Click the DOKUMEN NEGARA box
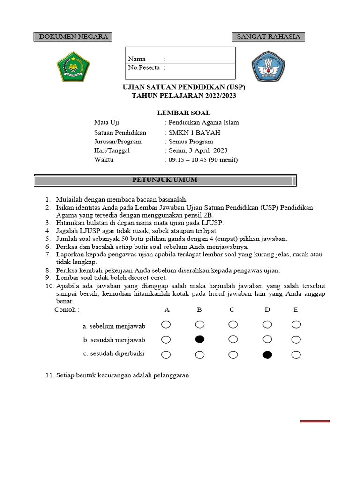coord(73,37)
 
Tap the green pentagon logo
coord(73,66)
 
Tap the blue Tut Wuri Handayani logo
coord(269,66)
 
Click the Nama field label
coord(137,59)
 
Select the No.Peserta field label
coord(143,67)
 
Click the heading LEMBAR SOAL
coord(183,112)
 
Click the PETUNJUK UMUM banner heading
coord(165,180)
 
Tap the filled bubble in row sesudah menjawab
coord(200,339)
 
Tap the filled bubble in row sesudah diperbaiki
coord(267,354)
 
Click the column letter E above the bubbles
coord(295,310)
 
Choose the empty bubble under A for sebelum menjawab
coord(166,324)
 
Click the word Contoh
coord(66,310)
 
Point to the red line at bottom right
coord(315,421)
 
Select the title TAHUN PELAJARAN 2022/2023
coord(184,96)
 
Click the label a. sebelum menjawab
coord(114,326)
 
